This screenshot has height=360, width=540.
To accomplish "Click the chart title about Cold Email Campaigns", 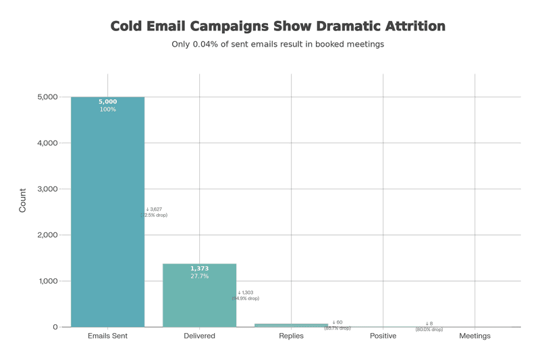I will click(x=277, y=26).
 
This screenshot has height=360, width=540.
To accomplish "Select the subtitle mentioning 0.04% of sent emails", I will click(x=277, y=45).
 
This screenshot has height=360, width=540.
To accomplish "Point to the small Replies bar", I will click(x=291, y=325).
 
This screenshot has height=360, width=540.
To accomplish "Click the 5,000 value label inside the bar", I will click(x=107, y=102).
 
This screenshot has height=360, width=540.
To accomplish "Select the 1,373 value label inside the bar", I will click(x=199, y=269).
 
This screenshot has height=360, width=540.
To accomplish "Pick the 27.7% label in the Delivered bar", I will click(x=199, y=276).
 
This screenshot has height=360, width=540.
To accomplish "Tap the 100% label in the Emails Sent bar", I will click(x=107, y=109).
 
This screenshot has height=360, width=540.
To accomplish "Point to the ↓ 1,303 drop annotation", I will click(x=245, y=292).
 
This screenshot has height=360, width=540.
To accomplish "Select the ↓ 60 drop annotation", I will click(x=337, y=322).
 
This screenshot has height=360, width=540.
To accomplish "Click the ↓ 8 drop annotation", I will click(x=429, y=324).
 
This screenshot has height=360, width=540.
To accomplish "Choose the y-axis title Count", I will click(x=23, y=201).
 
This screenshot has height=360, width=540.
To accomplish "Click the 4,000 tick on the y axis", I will click(x=47, y=143).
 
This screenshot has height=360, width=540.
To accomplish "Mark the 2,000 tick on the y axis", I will click(x=47, y=235).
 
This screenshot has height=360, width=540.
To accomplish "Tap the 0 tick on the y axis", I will click(x=55, y=327).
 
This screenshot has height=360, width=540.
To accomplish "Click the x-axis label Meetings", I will click(x=475, y=336).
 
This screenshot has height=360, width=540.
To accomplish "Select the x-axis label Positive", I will click(x=383, y=336).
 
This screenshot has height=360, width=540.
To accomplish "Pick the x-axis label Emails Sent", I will click(x=107, y=336).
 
